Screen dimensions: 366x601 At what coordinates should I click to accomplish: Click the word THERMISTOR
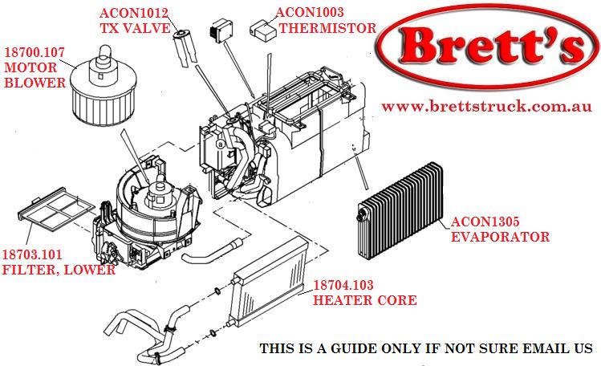pyautogui.click(x=327, y=28)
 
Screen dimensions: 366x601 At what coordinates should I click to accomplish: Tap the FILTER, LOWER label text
pyautogui.click(x=59, y=270)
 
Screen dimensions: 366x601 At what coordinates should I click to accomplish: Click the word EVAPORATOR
pyautogui.click(x=499, y=237)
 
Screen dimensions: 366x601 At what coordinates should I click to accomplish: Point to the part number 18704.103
pyautogui.click(x=349, y=285)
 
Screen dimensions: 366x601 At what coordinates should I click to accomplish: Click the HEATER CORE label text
pyautogui.click(x=364, y=300)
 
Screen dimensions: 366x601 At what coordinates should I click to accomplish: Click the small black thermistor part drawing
pyautogui.click(x=219, y=33)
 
